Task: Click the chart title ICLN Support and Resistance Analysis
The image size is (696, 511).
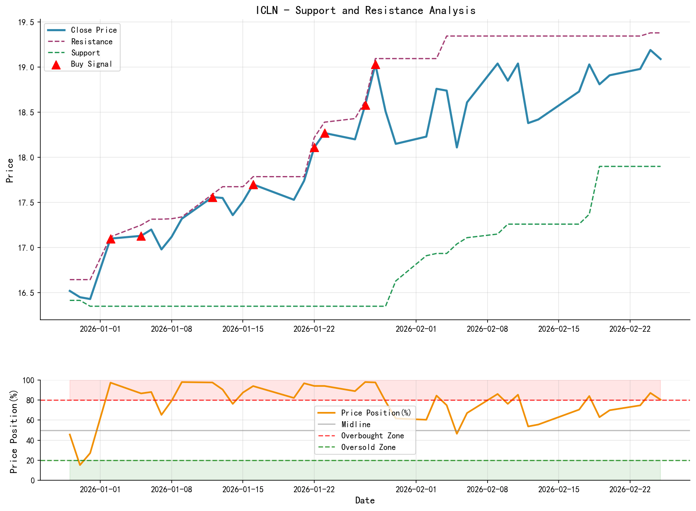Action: coord(365,10)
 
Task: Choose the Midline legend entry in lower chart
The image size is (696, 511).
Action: coord(356,424)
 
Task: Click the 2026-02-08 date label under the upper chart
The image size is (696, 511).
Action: coord(487,329)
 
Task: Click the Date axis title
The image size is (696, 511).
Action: coord(365,501)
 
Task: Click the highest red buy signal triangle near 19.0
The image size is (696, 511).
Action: coord(375,64)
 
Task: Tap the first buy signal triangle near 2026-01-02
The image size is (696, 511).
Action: coord(111,239)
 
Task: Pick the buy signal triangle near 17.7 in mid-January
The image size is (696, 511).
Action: coord(253,184)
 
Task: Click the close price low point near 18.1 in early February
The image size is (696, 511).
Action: coord(457,148)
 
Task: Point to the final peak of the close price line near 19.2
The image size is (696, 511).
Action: coord(650,50)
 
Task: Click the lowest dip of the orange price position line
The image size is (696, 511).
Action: coord(80,465)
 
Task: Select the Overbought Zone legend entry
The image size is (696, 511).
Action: coord(372,436)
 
